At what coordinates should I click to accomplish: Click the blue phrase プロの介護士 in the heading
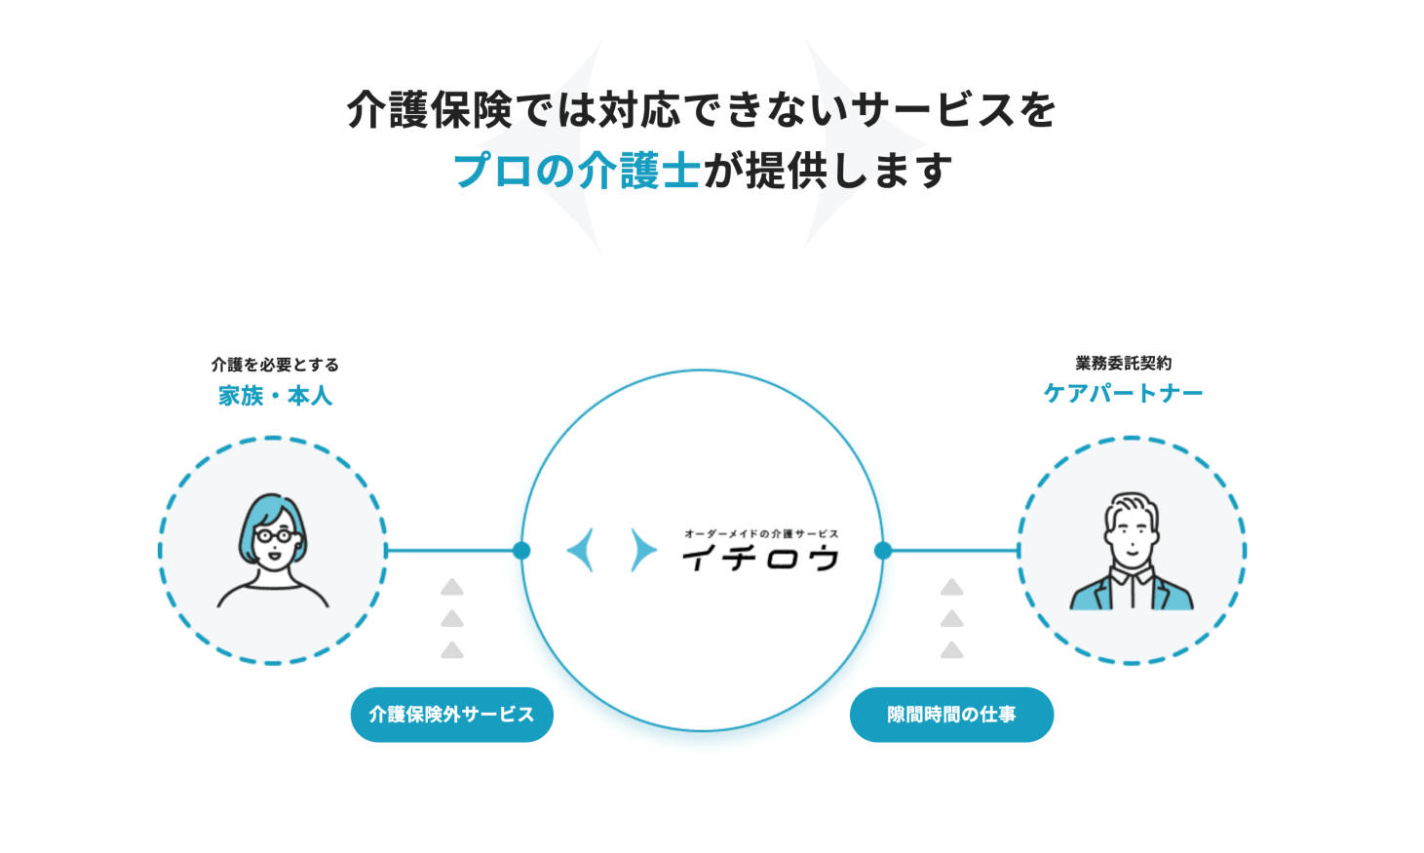tap(576, 171)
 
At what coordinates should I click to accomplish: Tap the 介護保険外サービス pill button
tap(451, 715)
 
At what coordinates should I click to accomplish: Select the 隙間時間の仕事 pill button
tap(951, 715)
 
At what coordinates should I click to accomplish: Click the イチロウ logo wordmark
tap(760, 559)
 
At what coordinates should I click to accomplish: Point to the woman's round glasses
tap(276, 535)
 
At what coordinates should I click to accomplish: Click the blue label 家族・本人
tap(275, 396)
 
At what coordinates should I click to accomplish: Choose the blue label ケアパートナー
tap(1123, 393)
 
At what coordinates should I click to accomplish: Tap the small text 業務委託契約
tap(1123, 364)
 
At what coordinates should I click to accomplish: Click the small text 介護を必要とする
tap(275, 365)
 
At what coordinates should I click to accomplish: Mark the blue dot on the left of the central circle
tap(521, 551)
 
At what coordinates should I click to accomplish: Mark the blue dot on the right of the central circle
tap(883, 551)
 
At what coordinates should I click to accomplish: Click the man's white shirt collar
tap(1132, 577)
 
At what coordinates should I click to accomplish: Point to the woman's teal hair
tap(264, 512)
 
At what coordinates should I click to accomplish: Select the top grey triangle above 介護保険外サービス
tap(451, 588)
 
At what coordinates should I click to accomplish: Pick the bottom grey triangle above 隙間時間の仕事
tap(951, 650)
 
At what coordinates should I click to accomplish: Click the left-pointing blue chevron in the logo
tap(582, 551)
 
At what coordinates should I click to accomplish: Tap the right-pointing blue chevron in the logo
tap(642, 551)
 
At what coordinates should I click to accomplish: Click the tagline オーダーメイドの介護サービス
tap(760, 534)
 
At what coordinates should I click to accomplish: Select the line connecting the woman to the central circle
tap(453, 551)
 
